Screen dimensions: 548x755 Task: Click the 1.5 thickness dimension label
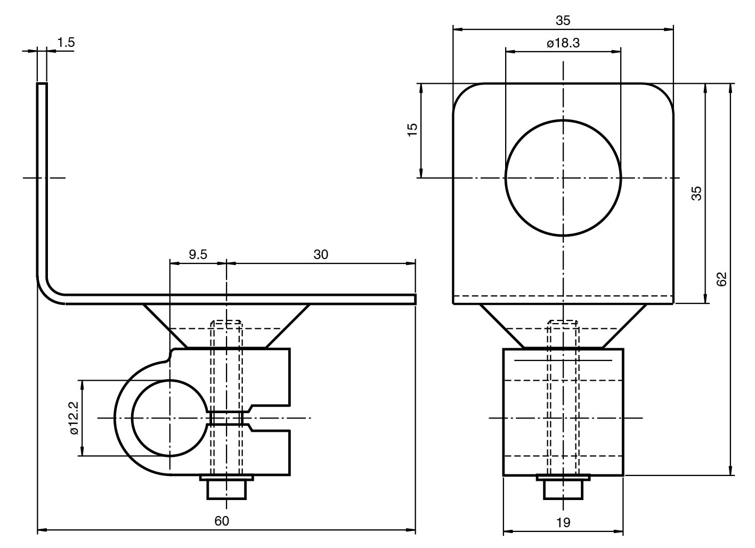(x=66, y=43)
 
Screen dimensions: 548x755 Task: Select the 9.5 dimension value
(x=198, y=254)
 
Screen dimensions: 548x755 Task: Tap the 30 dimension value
(x=321, y=254)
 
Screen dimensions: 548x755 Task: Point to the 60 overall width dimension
(x=222, y=521)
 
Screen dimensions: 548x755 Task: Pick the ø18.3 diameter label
(x=563, y=43)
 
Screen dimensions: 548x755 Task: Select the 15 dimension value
(x=412, y=130)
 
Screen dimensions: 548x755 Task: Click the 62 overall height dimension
(x=721, y=279)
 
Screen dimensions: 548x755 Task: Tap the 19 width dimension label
(x=563, y=522)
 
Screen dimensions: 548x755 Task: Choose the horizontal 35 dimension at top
(x=563, y=20)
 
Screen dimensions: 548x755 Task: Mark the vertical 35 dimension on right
(x=696, y=193)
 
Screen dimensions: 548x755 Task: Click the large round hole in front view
(x=563, y=178)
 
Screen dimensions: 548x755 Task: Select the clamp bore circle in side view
(x=169, y=418)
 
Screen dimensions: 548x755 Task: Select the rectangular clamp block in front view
(x=563, y=412)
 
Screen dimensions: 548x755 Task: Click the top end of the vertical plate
(x=42, y=84)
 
